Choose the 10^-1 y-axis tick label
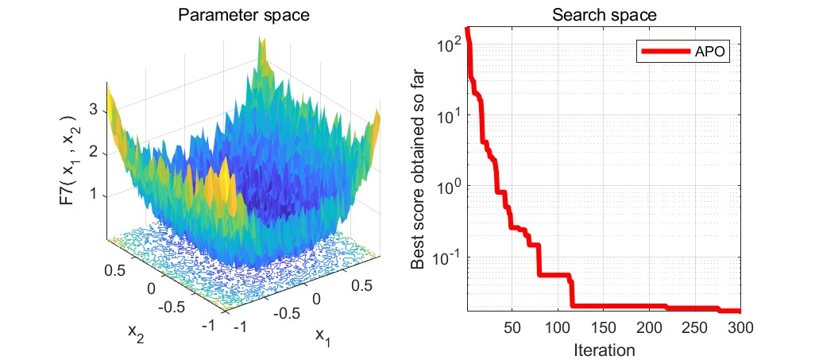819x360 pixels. pos(449,257)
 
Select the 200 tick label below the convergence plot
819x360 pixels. pos(650,327)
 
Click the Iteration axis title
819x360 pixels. pos(605,348)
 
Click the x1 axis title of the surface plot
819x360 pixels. pos(322,335)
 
